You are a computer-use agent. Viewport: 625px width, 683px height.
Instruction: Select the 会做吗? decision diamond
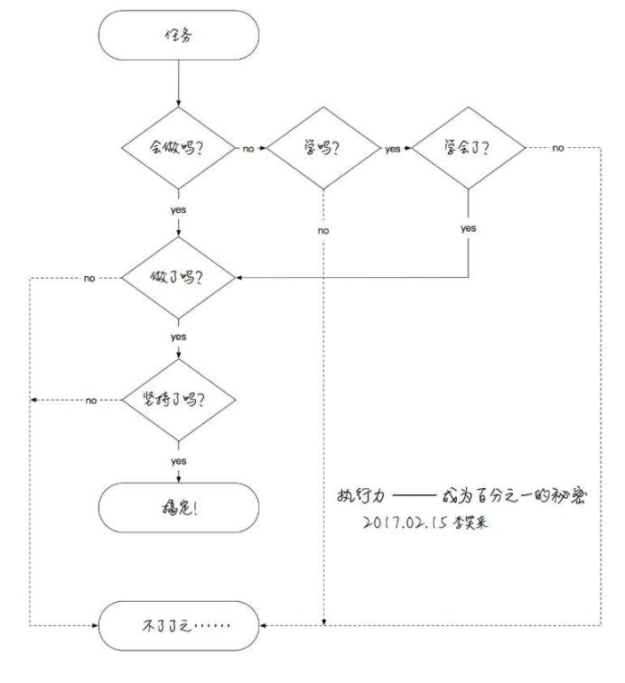[180, 148]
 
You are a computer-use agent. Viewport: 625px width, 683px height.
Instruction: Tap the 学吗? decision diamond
[323, 148]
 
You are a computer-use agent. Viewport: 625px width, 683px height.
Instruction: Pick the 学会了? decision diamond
[468, 148]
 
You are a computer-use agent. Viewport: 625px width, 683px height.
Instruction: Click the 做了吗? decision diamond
[180, 277]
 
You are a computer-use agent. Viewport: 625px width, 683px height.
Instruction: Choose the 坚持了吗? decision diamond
[180, 400]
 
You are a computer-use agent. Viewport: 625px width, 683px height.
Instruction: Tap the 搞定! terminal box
[180, 507]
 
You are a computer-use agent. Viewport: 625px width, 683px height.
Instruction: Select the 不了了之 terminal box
[180, 625]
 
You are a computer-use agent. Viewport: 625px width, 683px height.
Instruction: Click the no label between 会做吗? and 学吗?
[247, 149]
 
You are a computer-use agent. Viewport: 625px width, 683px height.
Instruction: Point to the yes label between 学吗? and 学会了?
[392, 149]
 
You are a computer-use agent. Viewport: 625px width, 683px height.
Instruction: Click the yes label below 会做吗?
[179, 210]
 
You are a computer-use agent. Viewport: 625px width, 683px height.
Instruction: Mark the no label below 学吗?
[323, 231]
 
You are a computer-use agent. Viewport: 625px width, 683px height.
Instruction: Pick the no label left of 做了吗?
[89, 278]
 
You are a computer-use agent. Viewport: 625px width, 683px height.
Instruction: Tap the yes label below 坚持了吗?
[179, 461]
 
